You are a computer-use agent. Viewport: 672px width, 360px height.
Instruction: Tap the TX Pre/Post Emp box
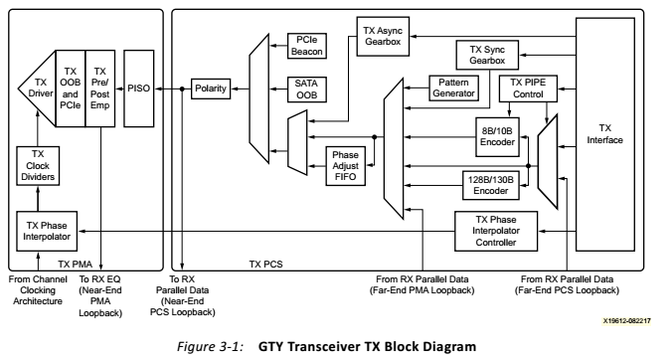[99, 88]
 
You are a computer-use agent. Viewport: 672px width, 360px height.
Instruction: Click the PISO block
[138, 89]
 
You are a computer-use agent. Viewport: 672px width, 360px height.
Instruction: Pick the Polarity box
[210, 89]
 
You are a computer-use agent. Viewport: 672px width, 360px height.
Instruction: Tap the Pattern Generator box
[455, 88]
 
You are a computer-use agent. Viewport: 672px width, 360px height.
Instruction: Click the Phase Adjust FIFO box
[347, 163]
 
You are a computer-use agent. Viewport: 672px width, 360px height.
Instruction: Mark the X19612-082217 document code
[626, 321]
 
